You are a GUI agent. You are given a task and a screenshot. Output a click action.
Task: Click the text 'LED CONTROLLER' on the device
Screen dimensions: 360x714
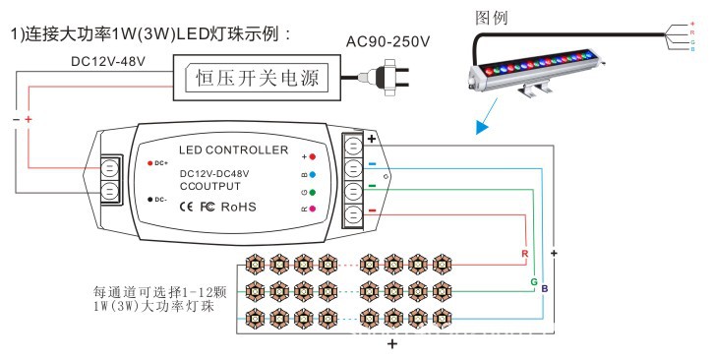click(x=234, y=150)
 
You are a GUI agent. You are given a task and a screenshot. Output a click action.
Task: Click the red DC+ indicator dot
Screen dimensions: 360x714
click(x=149, y=161)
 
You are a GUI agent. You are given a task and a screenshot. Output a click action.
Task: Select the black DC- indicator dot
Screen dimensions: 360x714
click(x=149, y=199)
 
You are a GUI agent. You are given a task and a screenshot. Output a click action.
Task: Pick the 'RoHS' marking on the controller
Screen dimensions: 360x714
click(x=240, y=208)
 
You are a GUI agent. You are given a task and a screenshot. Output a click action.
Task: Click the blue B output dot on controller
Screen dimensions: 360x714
click(x=312, y=174)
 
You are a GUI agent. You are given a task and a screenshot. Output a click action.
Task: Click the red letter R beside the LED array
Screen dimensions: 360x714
click(x=523, y=254)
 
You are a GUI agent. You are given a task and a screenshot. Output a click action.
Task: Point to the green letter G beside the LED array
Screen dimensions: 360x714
click(x=533, y=281)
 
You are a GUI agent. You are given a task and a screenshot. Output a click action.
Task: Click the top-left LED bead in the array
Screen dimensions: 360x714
click(x=254, y=263)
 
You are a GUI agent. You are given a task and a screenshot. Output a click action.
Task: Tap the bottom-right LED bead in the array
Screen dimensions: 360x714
click(x=440, y=317)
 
